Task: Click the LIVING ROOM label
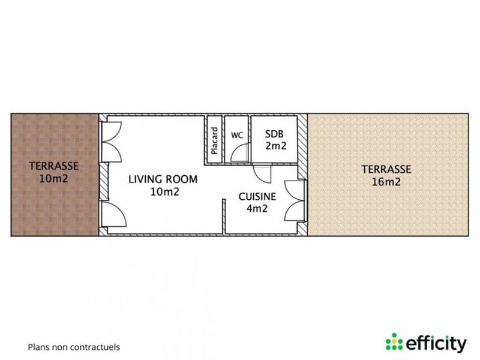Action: point(163,179)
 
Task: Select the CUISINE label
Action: point(257,196)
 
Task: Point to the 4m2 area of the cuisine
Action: point(257,209)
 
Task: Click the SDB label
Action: point(273,133)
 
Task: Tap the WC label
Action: point(237,135)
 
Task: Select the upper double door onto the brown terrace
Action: point(112,142)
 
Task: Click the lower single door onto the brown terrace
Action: point(113,215)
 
